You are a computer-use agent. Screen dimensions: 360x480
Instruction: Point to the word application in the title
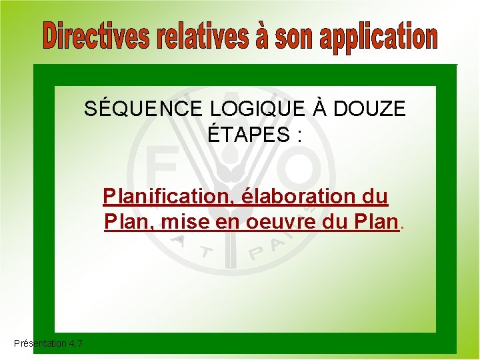tap(378, 37)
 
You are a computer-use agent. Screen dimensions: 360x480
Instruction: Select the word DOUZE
tap(369, 109)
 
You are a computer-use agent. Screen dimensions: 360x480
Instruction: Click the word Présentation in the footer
tap(39, 343)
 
